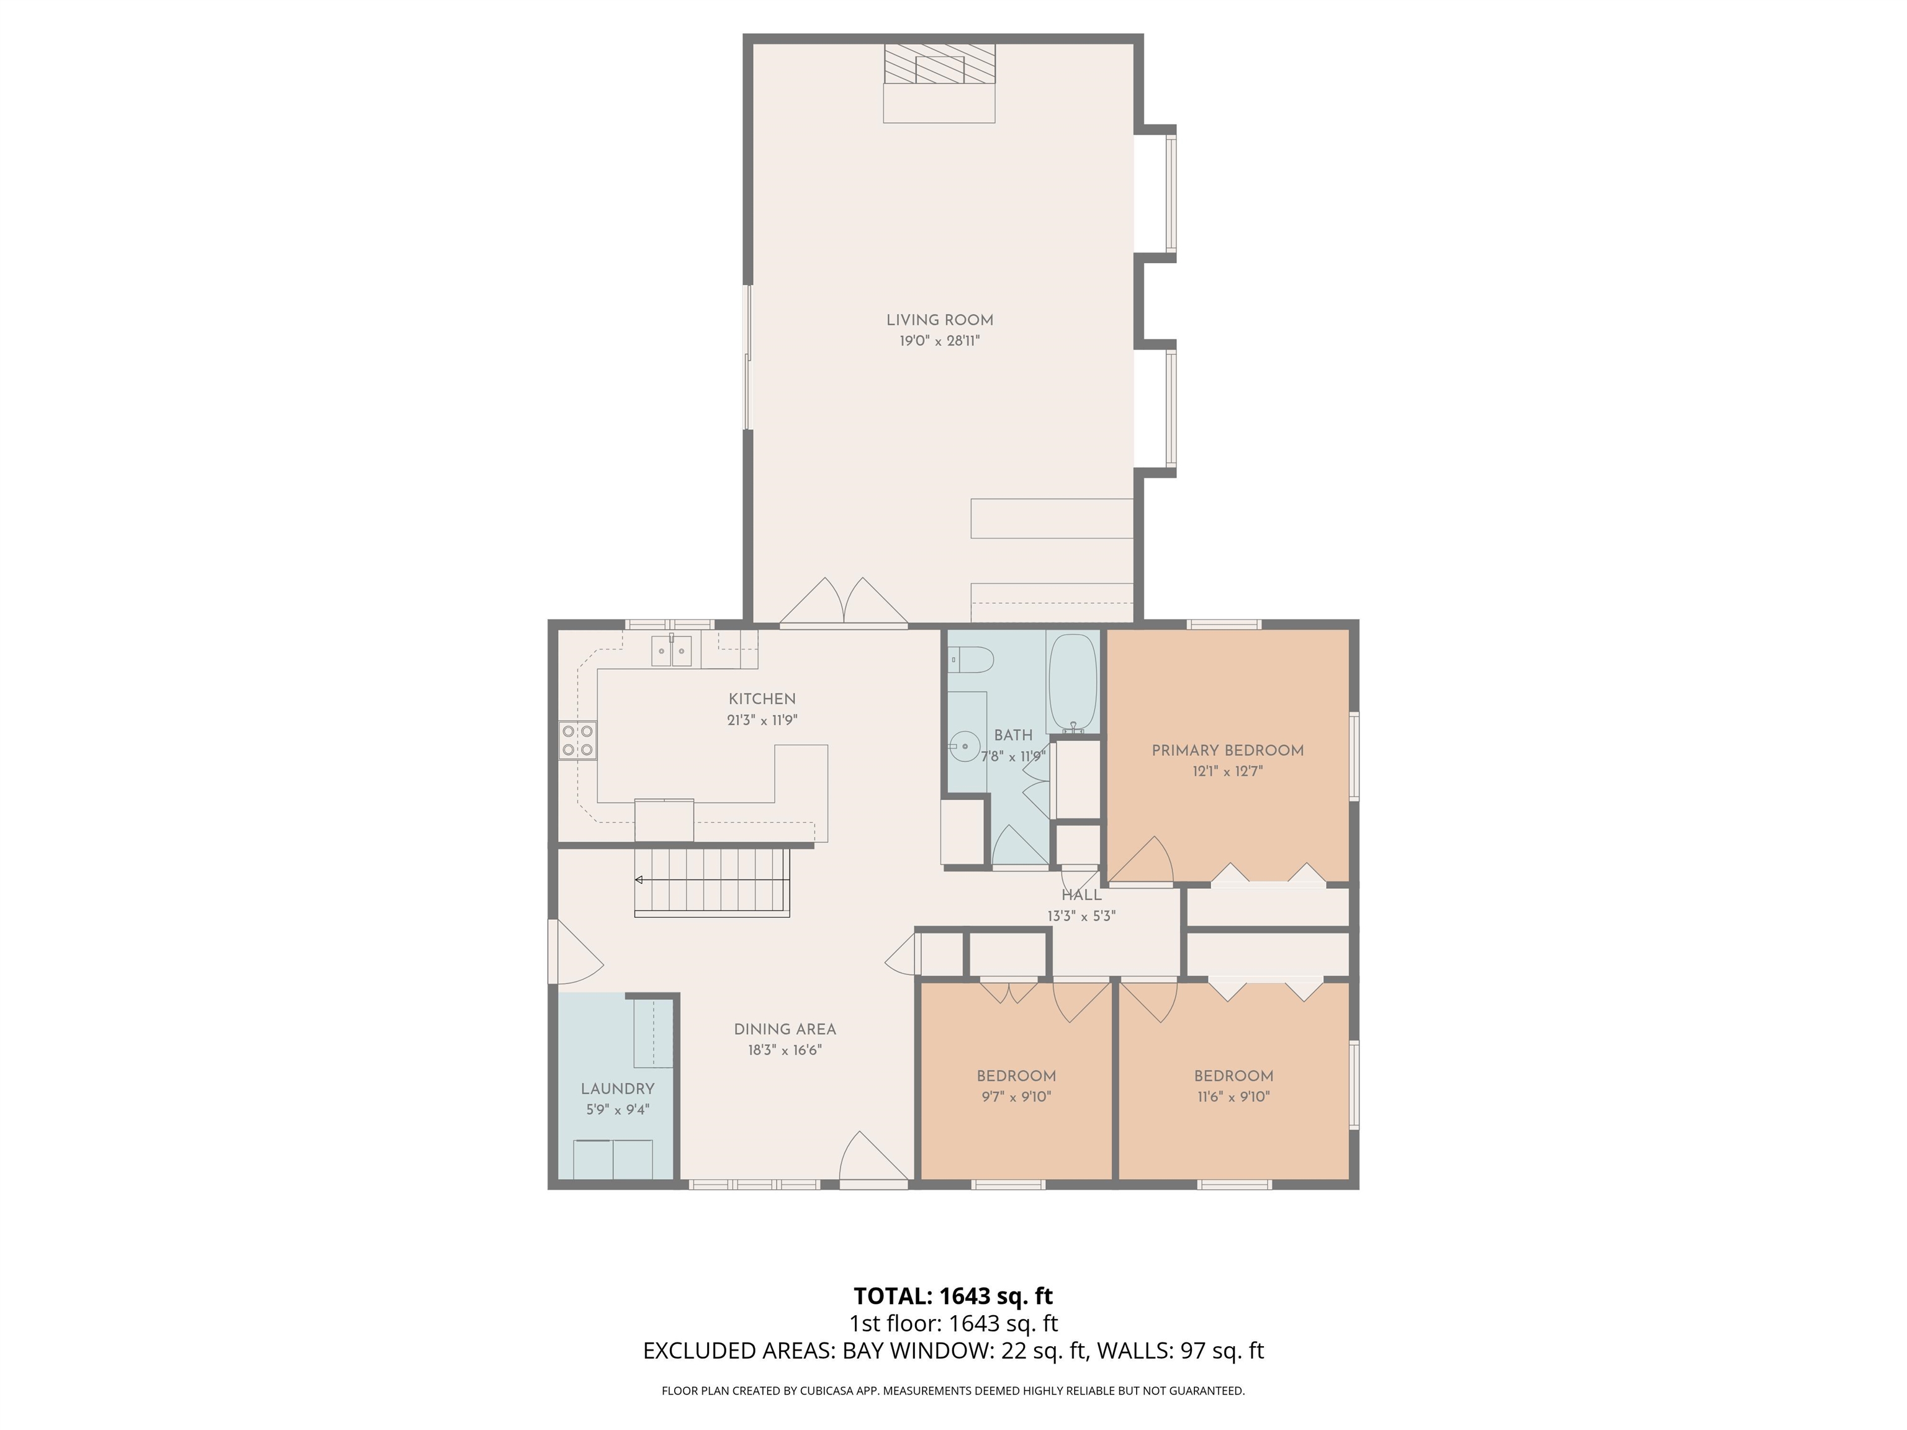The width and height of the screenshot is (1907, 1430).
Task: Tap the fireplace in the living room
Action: pos(940,64)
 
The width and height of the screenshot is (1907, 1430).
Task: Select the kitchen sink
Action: pos(672,651)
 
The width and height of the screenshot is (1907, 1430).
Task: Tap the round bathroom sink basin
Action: pos(967,744)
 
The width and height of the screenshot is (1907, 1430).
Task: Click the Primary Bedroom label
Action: pos(1228,751)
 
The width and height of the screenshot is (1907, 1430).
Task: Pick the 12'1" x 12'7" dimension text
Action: pos(1228,772)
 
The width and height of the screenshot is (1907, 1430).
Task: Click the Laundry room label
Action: pos(617,1089)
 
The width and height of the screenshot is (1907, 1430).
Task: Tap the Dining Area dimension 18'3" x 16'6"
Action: pos(785,1051)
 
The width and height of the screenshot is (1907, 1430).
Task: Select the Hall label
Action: pos(1081,896)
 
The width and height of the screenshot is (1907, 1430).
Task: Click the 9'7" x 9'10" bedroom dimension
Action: pos(1016,1097)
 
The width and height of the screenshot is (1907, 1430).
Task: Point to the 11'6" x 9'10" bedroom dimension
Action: pos(1233,1097)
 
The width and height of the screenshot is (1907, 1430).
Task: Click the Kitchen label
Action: pos(762,699)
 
